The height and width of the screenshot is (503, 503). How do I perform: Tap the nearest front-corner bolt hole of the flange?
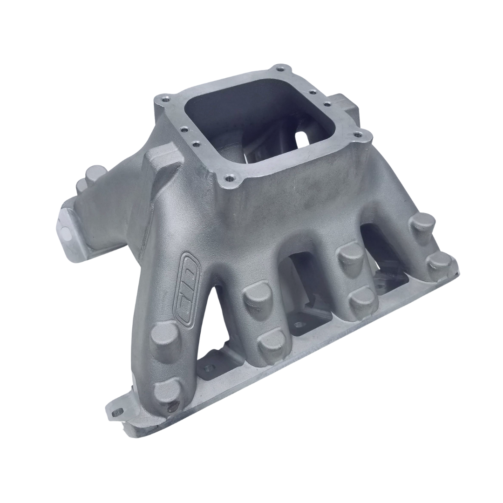229,177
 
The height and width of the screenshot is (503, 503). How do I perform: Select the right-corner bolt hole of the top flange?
358,136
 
